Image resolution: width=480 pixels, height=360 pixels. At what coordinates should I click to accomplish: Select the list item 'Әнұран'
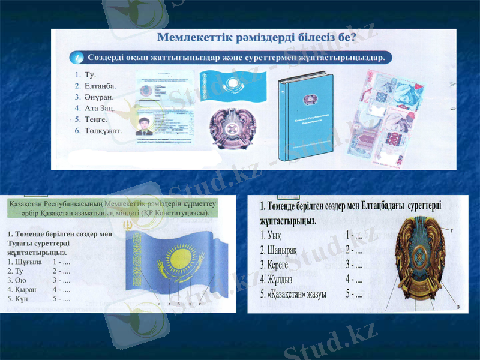point(100,97)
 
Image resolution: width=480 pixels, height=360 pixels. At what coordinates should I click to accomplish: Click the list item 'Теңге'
point(98,119)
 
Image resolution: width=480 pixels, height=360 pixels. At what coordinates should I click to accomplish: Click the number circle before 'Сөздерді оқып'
point(77,58)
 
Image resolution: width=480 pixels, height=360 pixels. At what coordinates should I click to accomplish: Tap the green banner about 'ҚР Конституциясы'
point(110,208)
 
